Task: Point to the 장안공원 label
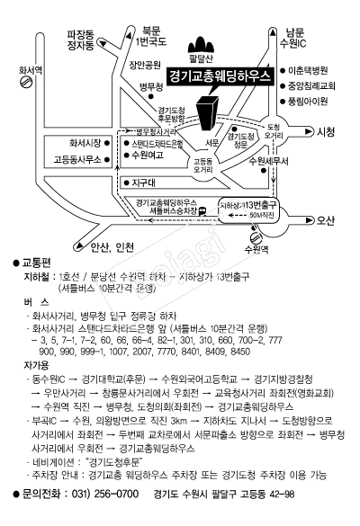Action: tap(144, 65)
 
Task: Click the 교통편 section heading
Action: tap(35, 263)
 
